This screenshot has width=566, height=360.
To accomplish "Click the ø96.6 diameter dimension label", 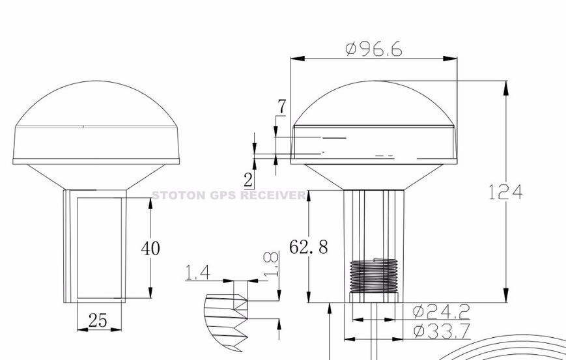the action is click(x=374, y=49).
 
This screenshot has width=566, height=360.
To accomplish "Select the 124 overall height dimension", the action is click(x=505, y=192).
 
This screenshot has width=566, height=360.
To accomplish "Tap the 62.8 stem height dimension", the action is click(x=309, y=247).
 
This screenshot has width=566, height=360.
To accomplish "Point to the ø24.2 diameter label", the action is click(x=442, y=311).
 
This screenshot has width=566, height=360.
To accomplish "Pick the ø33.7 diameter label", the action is click(x=442, y=331).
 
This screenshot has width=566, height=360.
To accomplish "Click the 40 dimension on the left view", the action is click(x=150, y=248).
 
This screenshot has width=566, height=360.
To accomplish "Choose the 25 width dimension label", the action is click(x=98, y=320).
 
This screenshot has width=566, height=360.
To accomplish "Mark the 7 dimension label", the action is click(x=281, y=106).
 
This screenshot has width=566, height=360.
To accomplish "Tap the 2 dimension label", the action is click(x=248, y=180).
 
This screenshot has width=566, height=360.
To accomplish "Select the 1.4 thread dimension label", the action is click(x=197, y=273).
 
